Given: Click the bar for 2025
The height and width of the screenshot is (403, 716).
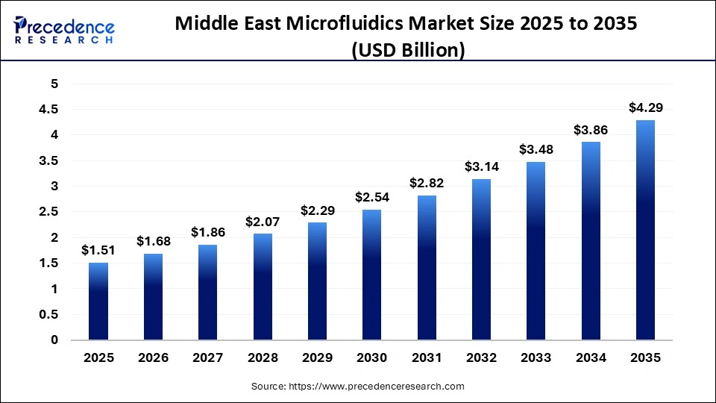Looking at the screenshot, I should pos(98,302).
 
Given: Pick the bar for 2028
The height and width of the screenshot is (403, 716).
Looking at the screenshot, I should pos(263,287).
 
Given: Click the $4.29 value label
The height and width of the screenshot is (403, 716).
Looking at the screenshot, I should pos(645,108).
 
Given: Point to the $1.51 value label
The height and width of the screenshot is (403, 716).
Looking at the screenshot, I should pos(98,251).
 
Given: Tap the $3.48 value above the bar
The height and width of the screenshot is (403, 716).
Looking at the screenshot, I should pos(536,150).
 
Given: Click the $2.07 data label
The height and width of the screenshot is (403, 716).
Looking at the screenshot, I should pos(263,222).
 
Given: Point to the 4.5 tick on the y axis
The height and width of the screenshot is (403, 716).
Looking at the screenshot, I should pos(49,110).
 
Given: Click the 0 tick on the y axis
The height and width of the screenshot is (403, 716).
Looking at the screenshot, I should pos(54,340).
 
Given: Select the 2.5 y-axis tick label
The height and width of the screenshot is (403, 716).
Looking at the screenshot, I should pos(49,212).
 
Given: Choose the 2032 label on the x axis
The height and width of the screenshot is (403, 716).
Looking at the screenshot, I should pos(481,358).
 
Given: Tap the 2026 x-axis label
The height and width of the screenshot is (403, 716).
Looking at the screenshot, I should pos(153,358).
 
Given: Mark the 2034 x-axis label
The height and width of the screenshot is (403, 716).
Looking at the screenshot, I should pos(591,358).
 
